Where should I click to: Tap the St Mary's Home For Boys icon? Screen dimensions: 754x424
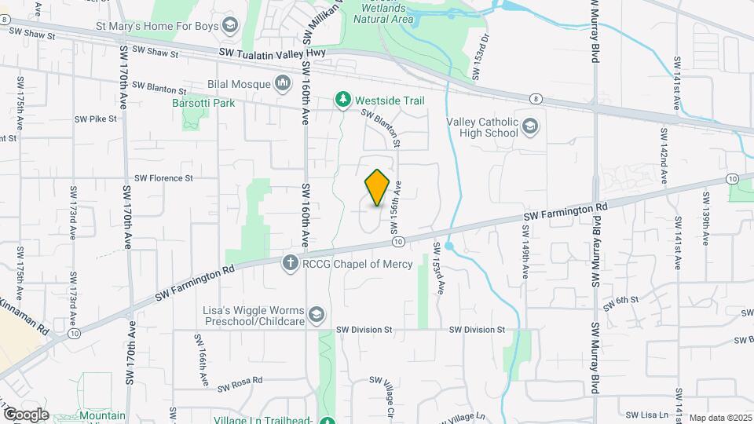point(230,26)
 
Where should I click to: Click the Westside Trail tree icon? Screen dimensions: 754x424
point(342,100)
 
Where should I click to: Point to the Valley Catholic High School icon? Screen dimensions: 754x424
point(531,126)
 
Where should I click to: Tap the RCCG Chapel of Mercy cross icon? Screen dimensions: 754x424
point(290,264)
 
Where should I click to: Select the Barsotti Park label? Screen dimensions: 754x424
point(203,102)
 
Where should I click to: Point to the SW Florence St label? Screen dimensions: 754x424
point(163,178)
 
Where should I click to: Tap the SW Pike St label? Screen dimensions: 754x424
point(95,119)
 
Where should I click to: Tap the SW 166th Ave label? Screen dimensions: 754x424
point(202,359)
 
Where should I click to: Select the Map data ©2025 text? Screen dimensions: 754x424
point(720,418)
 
